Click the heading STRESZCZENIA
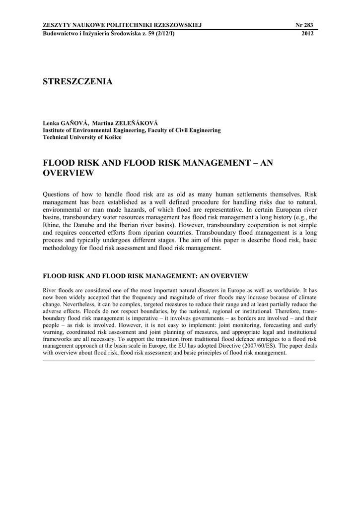click(78, 82)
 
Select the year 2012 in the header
click(308, 33)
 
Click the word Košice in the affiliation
click(111, 137)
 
